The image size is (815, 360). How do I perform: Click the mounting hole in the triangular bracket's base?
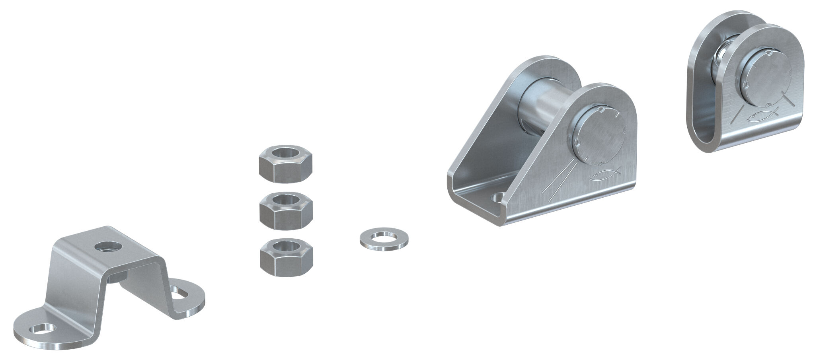point(498,197)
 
